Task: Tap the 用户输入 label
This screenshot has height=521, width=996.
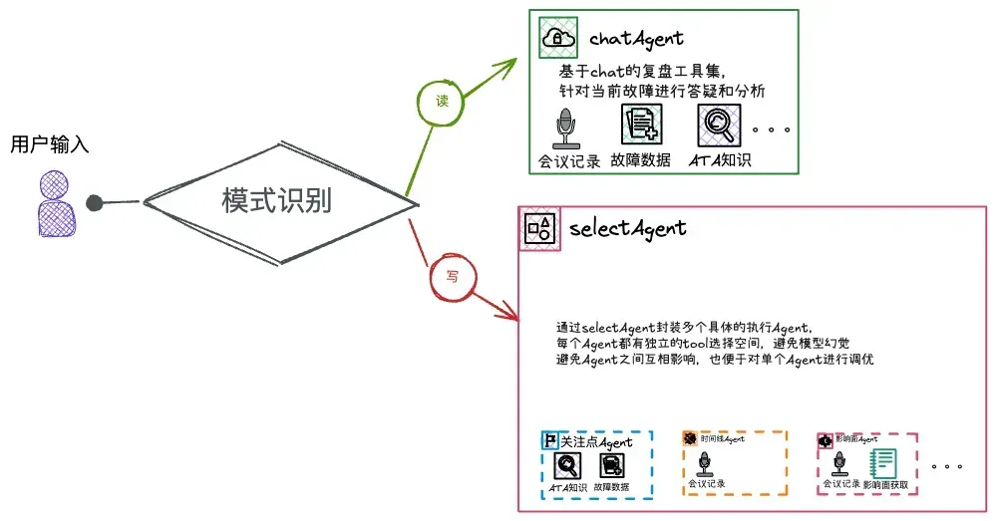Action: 50,144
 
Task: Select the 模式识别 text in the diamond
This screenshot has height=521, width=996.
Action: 276,201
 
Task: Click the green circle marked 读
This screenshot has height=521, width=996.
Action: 442,101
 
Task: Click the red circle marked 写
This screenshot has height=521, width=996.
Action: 451,276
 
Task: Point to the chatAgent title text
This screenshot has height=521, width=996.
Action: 636,39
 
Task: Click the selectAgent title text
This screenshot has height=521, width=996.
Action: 628,228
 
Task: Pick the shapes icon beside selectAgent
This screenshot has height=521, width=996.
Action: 539,228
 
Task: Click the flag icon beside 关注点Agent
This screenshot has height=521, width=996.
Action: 549,439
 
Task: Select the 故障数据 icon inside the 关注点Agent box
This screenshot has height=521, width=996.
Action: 611,465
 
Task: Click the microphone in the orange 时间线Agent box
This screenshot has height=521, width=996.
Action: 705,463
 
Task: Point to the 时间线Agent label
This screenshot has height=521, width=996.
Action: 722,438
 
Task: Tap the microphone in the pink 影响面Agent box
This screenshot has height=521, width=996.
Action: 839,463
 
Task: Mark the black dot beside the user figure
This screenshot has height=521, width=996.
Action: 95,204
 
